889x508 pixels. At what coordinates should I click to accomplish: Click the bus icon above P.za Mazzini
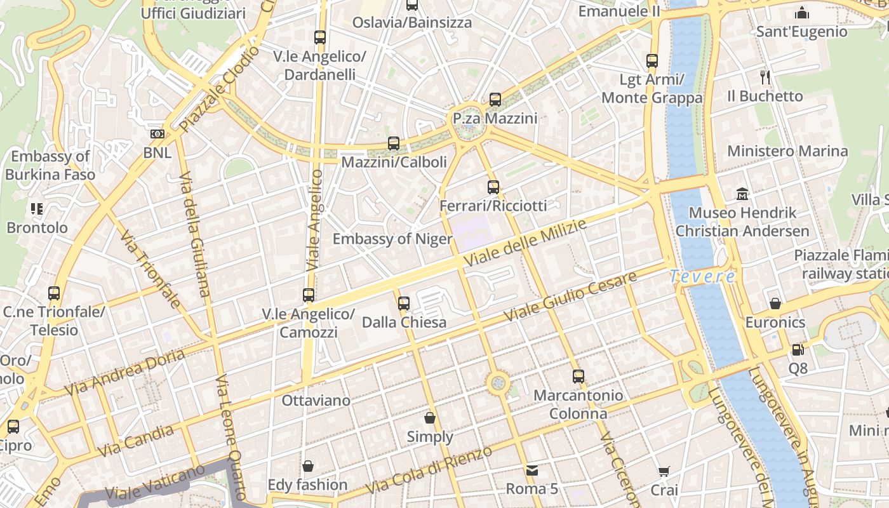coord(495,100)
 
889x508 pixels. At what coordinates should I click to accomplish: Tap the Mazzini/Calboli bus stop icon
coord(394,144)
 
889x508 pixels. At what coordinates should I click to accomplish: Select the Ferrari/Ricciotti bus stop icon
coord(493,187)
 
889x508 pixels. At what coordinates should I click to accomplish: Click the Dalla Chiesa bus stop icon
coord(404,304)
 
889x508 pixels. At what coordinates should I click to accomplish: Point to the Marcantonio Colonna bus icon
coord(578,377)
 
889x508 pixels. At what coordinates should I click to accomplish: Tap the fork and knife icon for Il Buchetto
coord(765,77)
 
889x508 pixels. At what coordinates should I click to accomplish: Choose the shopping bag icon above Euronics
coord(775,304)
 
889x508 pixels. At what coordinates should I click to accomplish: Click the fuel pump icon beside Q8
coord(798,349)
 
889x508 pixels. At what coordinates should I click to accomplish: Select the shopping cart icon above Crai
coord(664,471)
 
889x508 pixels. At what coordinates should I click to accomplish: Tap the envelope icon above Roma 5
coord(531,471)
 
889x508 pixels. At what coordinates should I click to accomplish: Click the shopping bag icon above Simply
coord(430,418)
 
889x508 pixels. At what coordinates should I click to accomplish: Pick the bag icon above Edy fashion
coord(308,467)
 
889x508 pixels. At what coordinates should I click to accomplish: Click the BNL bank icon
coord(157,134)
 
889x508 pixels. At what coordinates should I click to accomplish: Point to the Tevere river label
coord(702,276)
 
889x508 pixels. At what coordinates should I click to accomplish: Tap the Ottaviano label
coord(316,401)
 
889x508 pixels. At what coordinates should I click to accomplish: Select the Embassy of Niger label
coord(392,239)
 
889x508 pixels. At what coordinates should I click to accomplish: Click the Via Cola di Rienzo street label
coord(429,471)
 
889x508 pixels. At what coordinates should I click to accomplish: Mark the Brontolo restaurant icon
coord(36,208)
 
